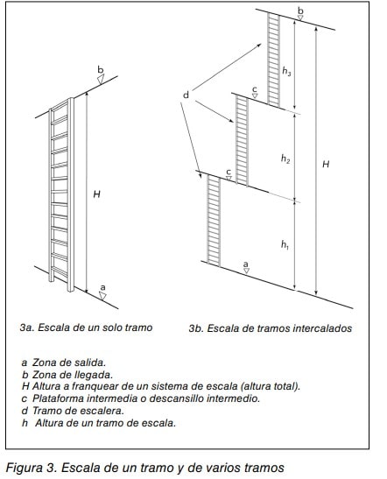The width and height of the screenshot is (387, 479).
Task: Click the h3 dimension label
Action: pos(286,71)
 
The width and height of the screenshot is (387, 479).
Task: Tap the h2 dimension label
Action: pos(285,158)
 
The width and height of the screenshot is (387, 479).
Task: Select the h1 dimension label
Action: pos(285,244)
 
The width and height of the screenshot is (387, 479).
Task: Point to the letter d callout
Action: pos(186,95)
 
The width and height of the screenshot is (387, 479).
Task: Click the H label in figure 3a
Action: pos(96,194)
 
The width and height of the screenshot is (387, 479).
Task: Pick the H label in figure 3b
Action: pos(326,164)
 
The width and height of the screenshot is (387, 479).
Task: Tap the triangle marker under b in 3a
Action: pos(101,80)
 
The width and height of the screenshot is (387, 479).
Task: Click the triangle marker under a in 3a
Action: pos(102,296)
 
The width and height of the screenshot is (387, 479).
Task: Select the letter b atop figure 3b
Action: pos(300,11)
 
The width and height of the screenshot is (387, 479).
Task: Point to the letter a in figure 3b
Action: pos(245,264)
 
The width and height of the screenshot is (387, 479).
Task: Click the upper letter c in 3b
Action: pos(255,89)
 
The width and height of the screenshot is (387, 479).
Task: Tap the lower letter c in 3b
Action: pos(229,173)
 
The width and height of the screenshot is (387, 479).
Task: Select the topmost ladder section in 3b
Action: pos(274,60)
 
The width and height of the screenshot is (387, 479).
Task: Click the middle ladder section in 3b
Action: pos(242,140)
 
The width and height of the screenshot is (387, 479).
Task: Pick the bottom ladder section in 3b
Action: pos(214,220)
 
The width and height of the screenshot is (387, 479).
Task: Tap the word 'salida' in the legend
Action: pos(90,363)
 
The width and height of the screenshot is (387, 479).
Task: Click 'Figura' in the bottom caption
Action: pos(25,468)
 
